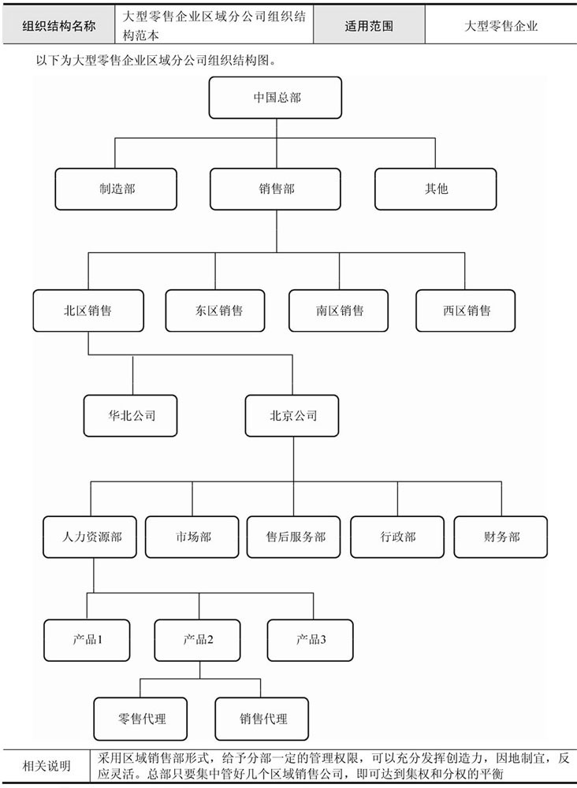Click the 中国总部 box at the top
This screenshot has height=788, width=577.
click(x=275, y=98)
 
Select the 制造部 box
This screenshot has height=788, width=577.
click(x=116, y=189)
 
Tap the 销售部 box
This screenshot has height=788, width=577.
click(x=275, y=189)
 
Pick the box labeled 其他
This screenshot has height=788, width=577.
click(x=436, y=189)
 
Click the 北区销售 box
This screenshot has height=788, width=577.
click(x=88, y=310)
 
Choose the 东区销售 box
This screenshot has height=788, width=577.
click(x=215, y=310)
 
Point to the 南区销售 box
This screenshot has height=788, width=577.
click(x=339, y=310)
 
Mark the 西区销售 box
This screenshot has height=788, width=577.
click(x=465, y=310)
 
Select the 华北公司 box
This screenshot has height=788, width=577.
click(x=131, y=415)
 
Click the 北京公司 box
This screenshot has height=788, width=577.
click(x=292, y=415)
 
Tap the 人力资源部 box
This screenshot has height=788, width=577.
click(x=90, y=537)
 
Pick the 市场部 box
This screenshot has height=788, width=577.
click(x=192, y=537)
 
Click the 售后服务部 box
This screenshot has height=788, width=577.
click(x=294, y=537)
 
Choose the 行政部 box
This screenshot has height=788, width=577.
click(x=397, y=537)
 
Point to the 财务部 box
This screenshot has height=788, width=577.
click(x=501, y=537)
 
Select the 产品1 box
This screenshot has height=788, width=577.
click(x=87, y=640)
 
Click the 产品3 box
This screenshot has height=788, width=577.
click(x=310, y=640)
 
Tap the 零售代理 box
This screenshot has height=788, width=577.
click(x=141, y=719)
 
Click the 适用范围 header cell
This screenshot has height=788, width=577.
click(x=370, y=26)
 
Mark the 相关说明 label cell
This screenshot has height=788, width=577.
click(x=47, y=767)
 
